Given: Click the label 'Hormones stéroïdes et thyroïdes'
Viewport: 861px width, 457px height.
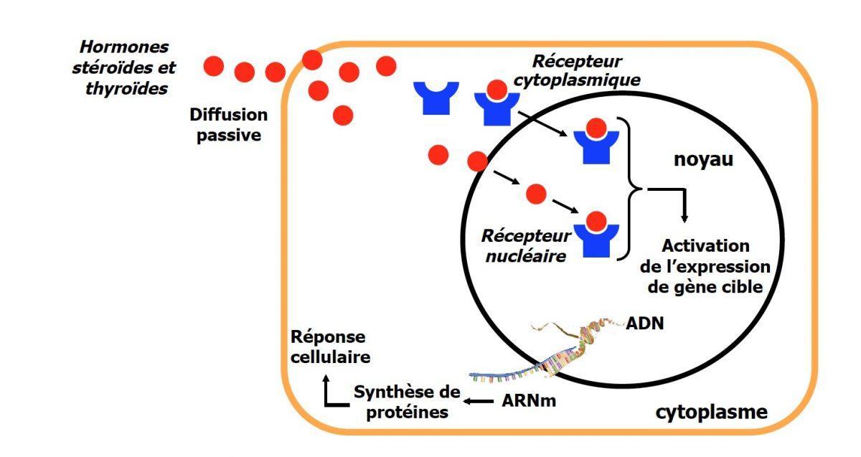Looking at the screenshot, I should (124, 68).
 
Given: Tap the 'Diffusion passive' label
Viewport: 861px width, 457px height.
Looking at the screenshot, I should (228, 124).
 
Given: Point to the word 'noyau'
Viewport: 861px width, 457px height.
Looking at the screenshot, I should (703, 159).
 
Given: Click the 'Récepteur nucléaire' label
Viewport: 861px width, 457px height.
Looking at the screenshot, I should (526, 245).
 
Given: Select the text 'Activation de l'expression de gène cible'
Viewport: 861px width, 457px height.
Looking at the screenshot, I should (705, 266).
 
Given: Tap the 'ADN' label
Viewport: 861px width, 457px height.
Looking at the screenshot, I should (645, 322).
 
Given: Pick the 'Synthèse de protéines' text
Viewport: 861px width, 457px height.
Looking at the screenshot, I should (405, 402).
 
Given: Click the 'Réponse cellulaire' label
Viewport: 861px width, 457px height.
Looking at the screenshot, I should (329, 347).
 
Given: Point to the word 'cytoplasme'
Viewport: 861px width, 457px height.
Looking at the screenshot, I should (711, 413).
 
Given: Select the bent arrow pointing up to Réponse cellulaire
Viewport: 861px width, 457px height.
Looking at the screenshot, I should (332, 392).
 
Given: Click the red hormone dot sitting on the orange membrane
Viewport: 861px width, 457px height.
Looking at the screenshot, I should (312, 59).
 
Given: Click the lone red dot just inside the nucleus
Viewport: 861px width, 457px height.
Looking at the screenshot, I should (535, 193).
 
